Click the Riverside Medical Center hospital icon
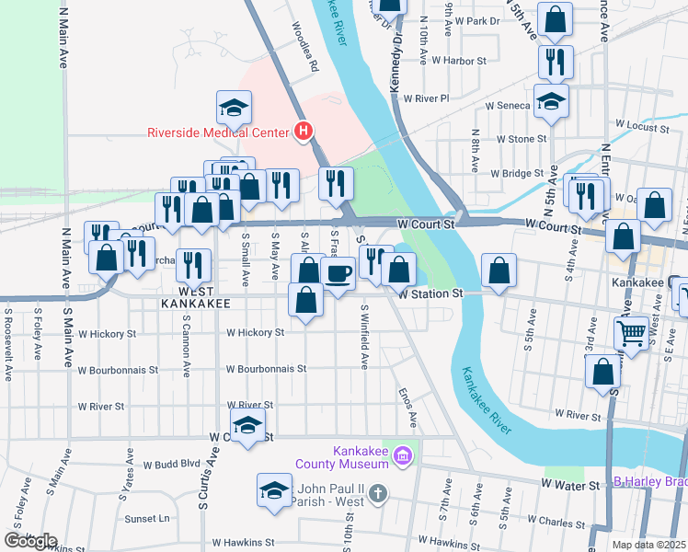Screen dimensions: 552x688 pyautogui.click(x=304, y=132)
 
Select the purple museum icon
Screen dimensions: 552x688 pyautogui.click(x=401, y=455)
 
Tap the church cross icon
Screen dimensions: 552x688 pyautogui.click(x=377, y=495)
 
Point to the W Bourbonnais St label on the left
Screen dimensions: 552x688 pyautogui.click(x=118, y=370)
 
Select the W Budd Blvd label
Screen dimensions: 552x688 pyautogui.click(x=165, y=465)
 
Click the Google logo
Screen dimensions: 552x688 pyautogui.click(x=30, y=541)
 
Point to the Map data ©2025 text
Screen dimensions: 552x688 pyautogui.click(x=649, y=545)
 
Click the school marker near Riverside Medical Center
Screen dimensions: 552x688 pyautogui.click(x=235, y=108)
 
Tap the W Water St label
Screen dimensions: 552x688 pyautogui.click(x=571, y=483)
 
